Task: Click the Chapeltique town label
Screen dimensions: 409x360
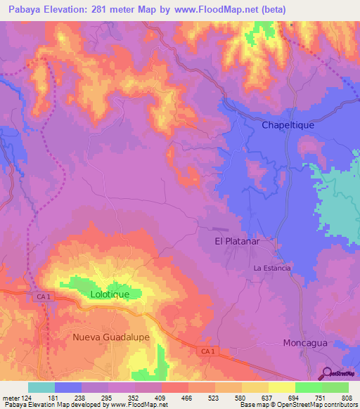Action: click(x=288, y=124)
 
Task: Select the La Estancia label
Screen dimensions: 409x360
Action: click(x=271, y=268)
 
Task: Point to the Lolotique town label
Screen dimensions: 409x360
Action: click(x=110, y=294)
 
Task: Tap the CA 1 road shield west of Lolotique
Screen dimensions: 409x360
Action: click(x=43, y=297)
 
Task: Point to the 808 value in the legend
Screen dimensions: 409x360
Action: click(x=348, y=398)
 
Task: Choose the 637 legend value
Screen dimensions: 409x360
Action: click(x=268, y=398)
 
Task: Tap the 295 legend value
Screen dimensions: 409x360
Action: click(x=108, y=398)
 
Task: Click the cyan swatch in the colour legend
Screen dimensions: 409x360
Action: click(x=41, y=387)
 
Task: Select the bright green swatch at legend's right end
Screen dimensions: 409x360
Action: click(x=335, y=387)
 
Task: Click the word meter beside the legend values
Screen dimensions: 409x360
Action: click(x=10, y=398)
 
